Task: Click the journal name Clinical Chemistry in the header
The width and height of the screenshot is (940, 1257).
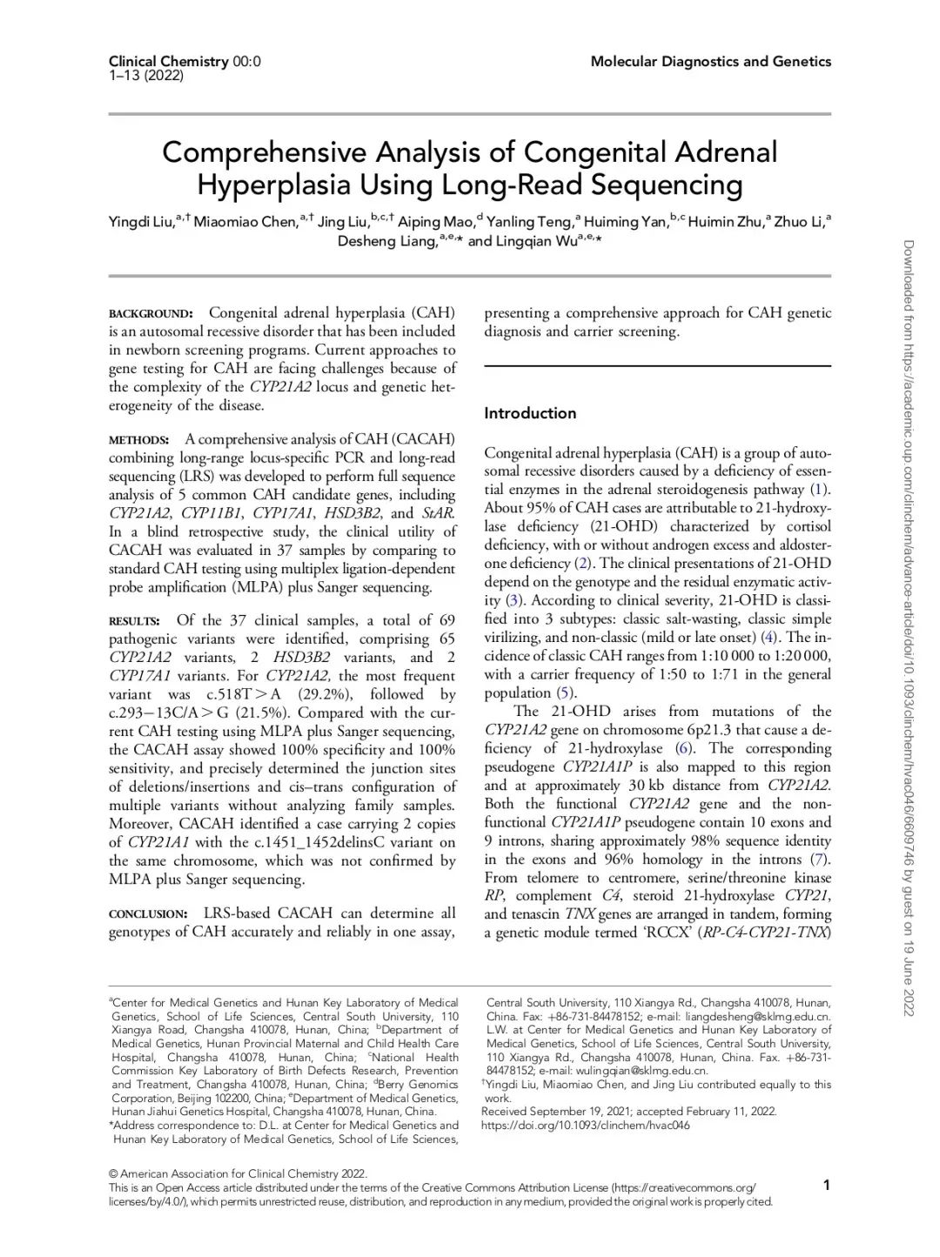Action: (168, 61)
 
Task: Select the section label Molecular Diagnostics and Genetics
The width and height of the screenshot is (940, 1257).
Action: (710, 61)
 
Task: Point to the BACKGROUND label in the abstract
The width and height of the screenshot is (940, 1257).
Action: (151, 313)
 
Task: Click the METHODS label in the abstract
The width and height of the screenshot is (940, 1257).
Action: (138, 439)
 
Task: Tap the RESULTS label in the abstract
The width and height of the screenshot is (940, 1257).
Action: (134, 621)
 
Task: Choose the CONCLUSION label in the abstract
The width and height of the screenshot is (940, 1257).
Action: (148, 914)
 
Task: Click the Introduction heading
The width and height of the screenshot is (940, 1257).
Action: (530, 413)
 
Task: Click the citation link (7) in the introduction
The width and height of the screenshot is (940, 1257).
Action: (818, 859)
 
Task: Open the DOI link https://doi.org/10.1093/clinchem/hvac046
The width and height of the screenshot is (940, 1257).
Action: (585, 1125)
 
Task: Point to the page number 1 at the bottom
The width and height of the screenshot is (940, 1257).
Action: (826, 1185)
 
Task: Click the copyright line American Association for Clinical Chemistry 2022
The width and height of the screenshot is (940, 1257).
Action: (243, 1173)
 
